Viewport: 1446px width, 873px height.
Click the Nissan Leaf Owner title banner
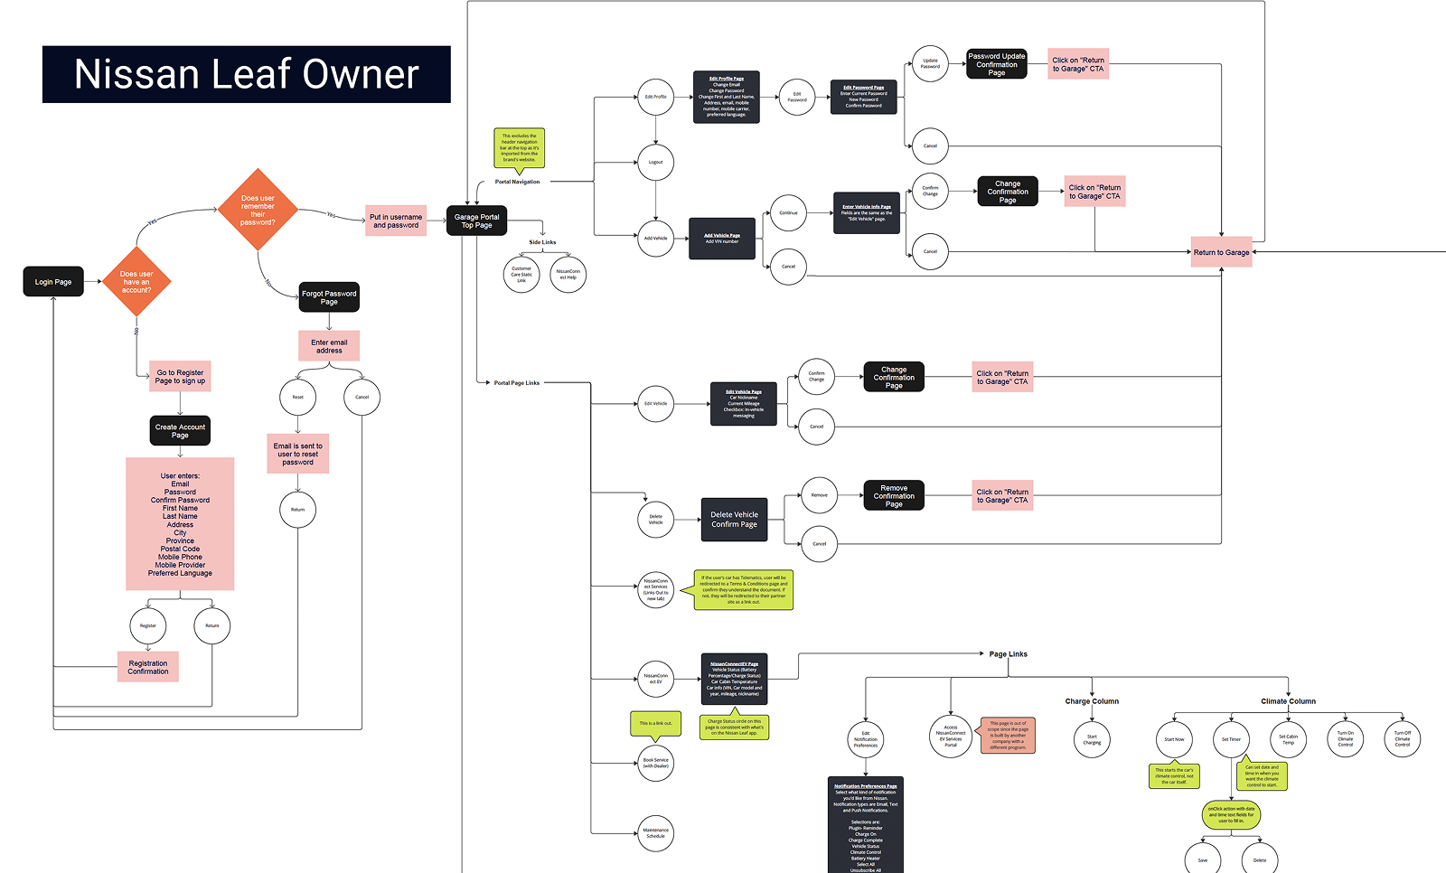click(246, 74)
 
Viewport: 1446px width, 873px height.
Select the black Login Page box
click(53, 282)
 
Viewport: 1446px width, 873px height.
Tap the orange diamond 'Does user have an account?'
click(136, 282)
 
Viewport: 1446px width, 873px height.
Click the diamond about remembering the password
click(258, 210)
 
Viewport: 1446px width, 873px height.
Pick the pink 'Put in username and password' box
click(396, 221)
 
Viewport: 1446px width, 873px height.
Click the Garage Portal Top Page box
click(476, 221)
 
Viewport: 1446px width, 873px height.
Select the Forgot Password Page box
click(329, 297)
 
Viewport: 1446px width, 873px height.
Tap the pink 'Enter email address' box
click(329, 346)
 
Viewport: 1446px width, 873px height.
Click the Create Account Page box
click(180, 431)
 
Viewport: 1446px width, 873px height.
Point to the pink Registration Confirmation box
click(148, 667)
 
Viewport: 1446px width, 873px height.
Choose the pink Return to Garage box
click(1221, 252)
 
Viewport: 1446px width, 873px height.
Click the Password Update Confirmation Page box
click(997, 64)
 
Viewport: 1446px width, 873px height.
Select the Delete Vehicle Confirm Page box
click(734, 520)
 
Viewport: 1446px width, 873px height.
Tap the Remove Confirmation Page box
click(894, 496)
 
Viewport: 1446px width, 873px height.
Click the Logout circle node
click(656, 163)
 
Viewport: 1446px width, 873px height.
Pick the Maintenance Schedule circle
click(656, 832)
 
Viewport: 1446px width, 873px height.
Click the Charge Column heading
click(1092, 701)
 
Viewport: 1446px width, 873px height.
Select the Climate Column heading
click(1288, 701)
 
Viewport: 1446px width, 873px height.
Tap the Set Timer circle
click(1231, 739)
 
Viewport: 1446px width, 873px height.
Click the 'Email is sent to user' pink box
click(297, 454)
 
